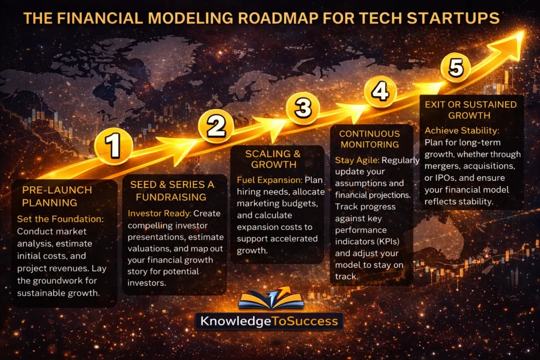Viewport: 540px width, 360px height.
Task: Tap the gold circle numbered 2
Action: pos(216,126)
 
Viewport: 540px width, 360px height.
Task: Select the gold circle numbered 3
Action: pos(303,108)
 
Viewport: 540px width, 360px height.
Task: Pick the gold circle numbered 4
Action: pos(380,91)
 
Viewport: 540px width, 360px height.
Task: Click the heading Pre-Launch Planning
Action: pos(57,196)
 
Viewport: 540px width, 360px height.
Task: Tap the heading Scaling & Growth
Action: pos(273,159)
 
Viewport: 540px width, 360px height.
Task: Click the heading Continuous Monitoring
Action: pos(369,139)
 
